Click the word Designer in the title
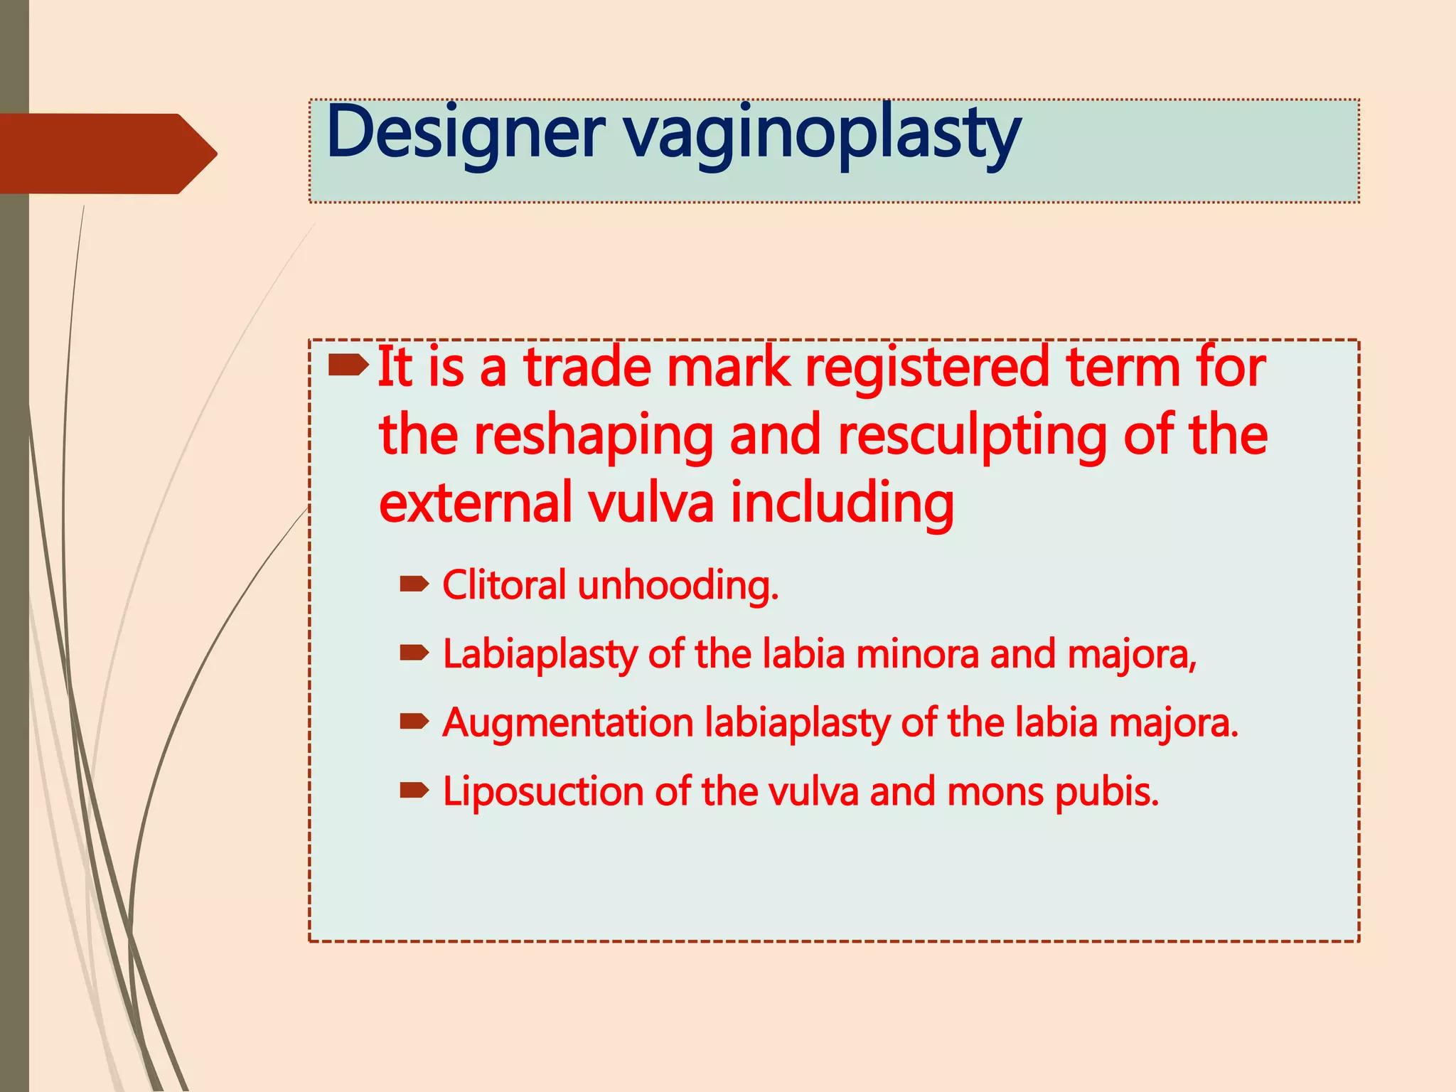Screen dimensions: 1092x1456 pyautogui.click(x=466, y=134)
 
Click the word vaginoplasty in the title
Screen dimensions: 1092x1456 pyautogui.click(x=823, y=135)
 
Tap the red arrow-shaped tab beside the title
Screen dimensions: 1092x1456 pyautogui.click(x=107, y=154)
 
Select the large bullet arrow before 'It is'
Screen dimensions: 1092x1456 pyautogui.click(x=348, y=366)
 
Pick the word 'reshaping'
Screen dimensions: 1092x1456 pyautogui.click(x=594, y=437)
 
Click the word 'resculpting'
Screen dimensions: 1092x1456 pyautogui.click(x=972, y=437)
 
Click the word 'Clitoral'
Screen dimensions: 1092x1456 pyautogui.click(x=504, y=585)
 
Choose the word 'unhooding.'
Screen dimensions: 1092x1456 pyautogui.click(x=678, y=587)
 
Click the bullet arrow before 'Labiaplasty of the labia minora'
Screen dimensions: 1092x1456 pyautogui.click(x=414, y=653)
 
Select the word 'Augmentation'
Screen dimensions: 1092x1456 pyautogui.click(x=567, y=723)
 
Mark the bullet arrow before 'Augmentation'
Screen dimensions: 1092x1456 pyautogui.click(x=414, y=722)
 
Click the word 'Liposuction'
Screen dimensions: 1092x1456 pyautogui.click(x=543, y=792)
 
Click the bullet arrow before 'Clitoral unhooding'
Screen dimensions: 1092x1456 pyautogui.click(x=414, y=585)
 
